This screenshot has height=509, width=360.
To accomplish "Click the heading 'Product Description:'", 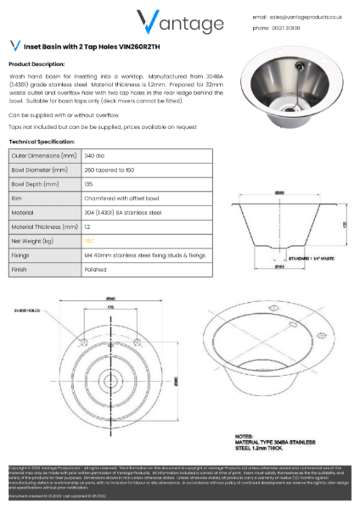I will pos(37,64).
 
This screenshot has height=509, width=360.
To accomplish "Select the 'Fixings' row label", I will pos(21,255).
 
